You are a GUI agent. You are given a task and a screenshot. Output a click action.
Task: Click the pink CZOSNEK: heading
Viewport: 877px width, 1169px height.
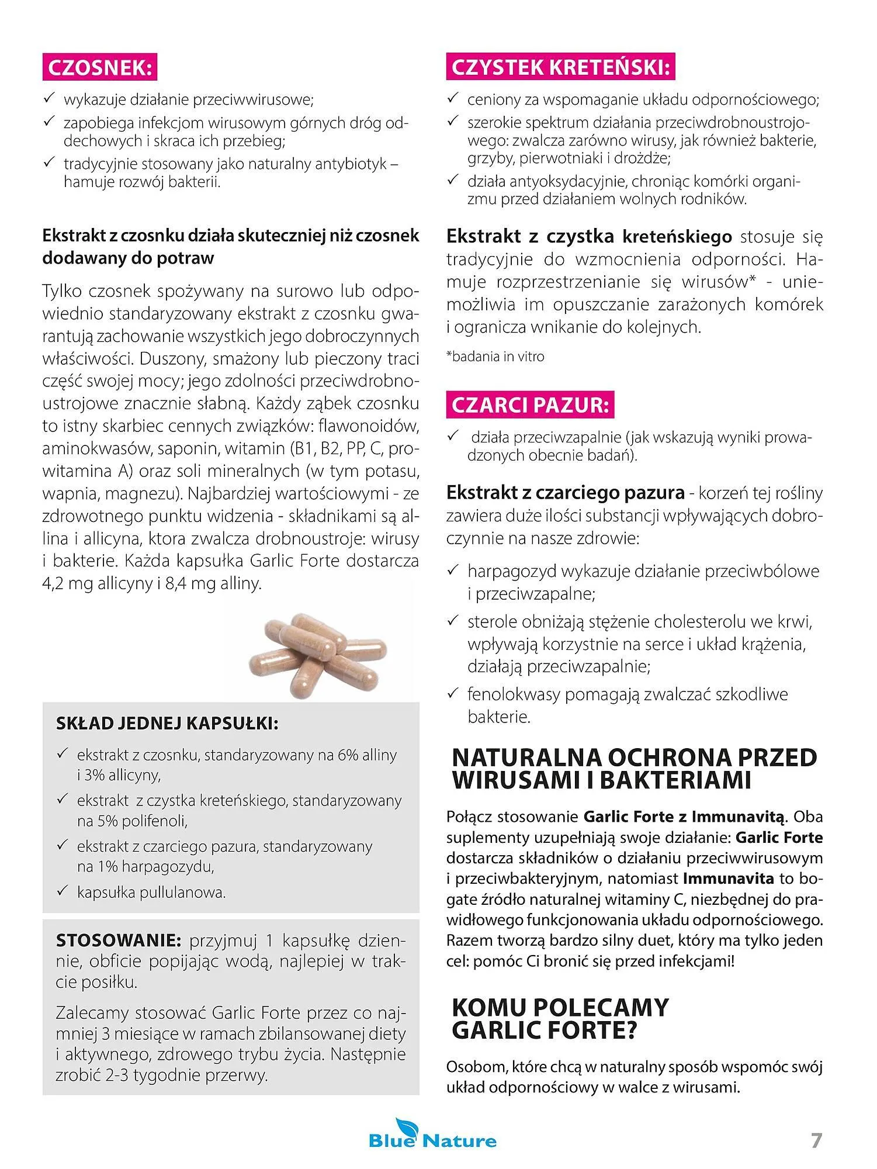tap(100, 68)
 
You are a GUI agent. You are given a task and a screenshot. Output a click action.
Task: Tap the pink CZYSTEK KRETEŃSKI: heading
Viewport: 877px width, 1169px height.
tap(560, 68)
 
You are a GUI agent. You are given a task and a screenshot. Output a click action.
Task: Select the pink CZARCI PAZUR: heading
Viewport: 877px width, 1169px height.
tap(531, 406)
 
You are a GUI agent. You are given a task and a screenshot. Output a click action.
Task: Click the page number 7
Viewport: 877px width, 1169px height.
tap(816, 1140)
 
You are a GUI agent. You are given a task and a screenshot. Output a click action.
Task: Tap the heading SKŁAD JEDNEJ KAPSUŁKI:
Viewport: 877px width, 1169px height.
tap(167, 724)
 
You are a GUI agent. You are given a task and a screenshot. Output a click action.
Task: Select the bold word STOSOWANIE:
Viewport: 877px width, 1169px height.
tap(119, 941)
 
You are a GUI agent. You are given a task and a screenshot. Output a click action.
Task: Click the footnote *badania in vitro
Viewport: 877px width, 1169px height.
tap(495, 357)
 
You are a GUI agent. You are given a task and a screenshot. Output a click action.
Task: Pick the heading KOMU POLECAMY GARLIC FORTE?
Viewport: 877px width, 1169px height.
tap(560, 1019)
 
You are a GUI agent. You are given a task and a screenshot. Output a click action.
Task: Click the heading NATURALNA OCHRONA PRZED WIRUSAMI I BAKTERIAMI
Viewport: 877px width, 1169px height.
tap(634, 769)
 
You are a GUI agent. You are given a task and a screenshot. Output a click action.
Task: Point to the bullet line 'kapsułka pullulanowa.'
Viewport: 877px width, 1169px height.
tap(151, 893)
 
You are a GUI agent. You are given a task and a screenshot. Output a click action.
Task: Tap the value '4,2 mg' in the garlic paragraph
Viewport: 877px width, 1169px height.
tap(64, 583)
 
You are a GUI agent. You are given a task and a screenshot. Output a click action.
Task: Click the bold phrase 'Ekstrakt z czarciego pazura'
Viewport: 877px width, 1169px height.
tap(565, 493)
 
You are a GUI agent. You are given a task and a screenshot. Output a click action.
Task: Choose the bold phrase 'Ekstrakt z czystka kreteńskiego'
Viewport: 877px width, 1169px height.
tap(589, 237)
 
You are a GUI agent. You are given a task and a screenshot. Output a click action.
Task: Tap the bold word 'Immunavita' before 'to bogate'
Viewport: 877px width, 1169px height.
tap(728, 879)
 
